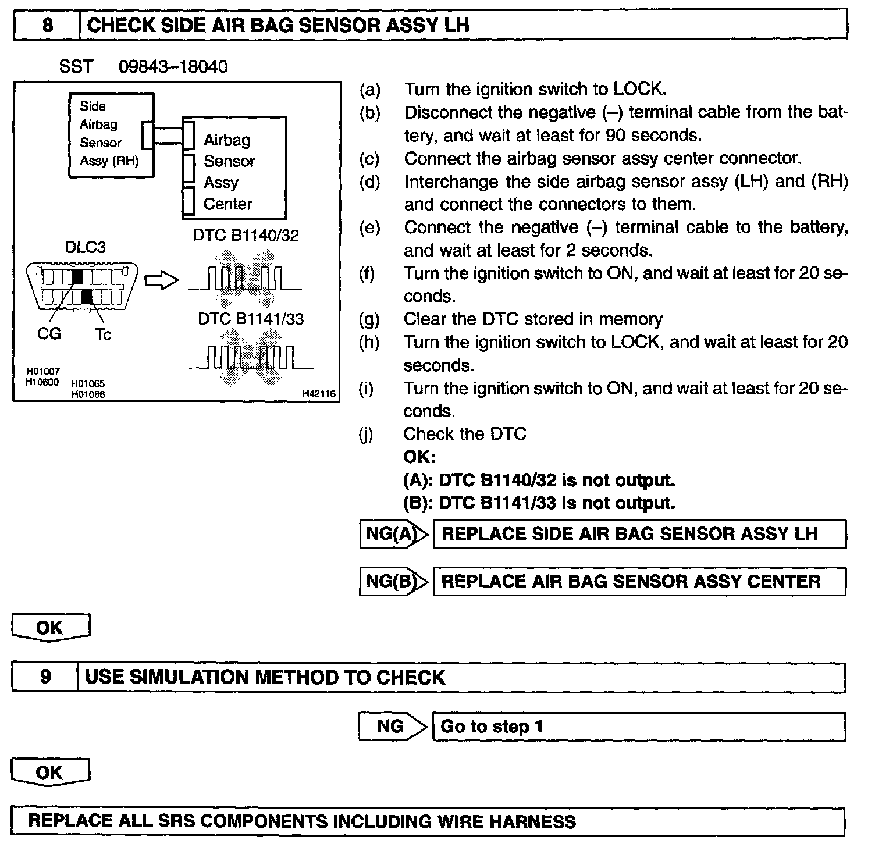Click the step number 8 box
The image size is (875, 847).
click(47, 26)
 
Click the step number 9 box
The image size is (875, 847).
click(45, 677)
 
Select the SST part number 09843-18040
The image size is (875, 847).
click(173, 67)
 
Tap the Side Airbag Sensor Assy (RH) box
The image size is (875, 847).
click(111, 134)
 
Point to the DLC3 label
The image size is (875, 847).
click(85, 247)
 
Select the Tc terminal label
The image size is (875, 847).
click(103, 334)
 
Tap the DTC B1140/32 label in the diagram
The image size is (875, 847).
click(246, 236)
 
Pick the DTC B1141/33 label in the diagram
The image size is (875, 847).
click(251, 319)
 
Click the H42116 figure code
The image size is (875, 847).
click(318, 394)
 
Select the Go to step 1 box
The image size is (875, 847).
click(638, 727)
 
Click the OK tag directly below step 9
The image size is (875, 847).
click(50, 773)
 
